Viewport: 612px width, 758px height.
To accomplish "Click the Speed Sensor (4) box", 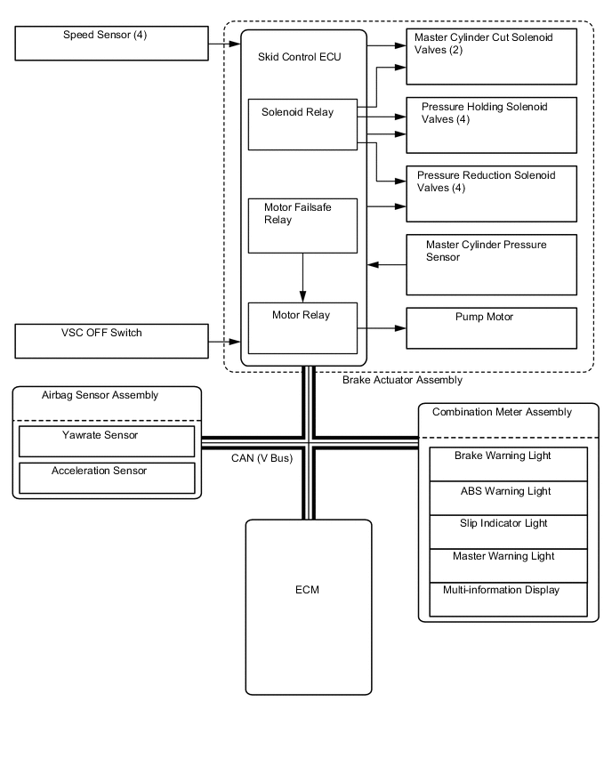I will click(x=111, y=43).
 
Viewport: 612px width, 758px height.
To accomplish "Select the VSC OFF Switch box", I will click(x=111, y=342).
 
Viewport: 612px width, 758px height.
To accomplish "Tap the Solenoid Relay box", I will click(x=302, y=124).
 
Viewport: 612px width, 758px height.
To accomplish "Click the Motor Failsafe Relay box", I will click(x=302, y=225).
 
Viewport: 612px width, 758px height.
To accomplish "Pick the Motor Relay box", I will click(x=302, y=327).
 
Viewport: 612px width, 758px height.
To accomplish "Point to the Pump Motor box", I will click(x=491, y=327).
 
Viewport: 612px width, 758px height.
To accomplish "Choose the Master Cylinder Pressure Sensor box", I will click(x=491, y=264).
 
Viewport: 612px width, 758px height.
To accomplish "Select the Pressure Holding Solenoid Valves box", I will click(x=491, y=124).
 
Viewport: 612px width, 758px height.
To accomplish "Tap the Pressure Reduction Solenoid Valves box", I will click(x=491, y=193).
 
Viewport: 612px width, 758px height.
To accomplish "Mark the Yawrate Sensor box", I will click(x=107, y=441).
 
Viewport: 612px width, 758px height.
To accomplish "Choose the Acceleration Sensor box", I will click(x=107, y=477).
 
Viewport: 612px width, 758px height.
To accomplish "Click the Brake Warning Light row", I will click(x=508, y=464).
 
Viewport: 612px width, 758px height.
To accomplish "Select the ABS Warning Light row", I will click(x=508, y=497).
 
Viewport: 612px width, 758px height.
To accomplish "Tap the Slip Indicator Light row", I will click(x=508, y=530).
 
